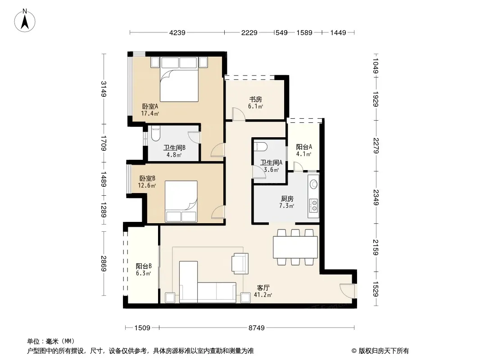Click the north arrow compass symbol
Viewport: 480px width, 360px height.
(x=25, y=20)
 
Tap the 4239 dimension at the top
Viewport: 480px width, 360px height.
(x=177, y=32)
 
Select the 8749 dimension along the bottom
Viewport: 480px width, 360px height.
(x=256, y=328)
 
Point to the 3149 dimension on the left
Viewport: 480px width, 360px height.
(x=104, y=89)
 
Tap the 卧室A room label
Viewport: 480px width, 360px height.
(x=150, y=107)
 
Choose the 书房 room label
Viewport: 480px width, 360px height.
(x=256, y=99)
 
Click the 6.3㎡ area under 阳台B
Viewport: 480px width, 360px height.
(x=144, y=273)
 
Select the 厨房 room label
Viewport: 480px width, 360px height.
(x=287, y=199)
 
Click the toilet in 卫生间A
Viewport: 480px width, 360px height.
(x=261, y=146)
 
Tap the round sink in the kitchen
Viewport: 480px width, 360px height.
(x=314, y=184)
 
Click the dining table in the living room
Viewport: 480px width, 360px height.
(x=295, y=247)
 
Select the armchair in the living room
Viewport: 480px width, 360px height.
(x=240, y=263)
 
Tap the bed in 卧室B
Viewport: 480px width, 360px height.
(x=181, y=201)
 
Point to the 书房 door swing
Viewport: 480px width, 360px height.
(x=239, y=114)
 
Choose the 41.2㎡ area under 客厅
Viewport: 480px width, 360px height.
(x=263, y=295)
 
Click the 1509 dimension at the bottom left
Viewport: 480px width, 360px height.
(x=142, y=328)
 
